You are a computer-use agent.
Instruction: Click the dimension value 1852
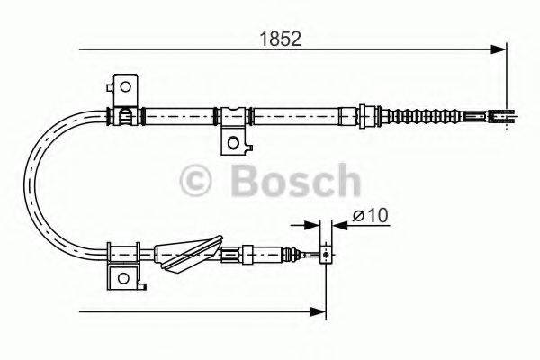tap(279, 39)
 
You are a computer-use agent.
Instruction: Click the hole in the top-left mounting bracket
tap(125, 88)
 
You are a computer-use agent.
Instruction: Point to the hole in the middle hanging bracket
tap(234, 141)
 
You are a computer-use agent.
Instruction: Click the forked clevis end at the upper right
tap(502, 115)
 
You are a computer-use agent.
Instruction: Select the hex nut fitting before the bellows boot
tap(367, 115)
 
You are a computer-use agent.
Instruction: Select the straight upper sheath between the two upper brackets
tap(180, 115)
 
